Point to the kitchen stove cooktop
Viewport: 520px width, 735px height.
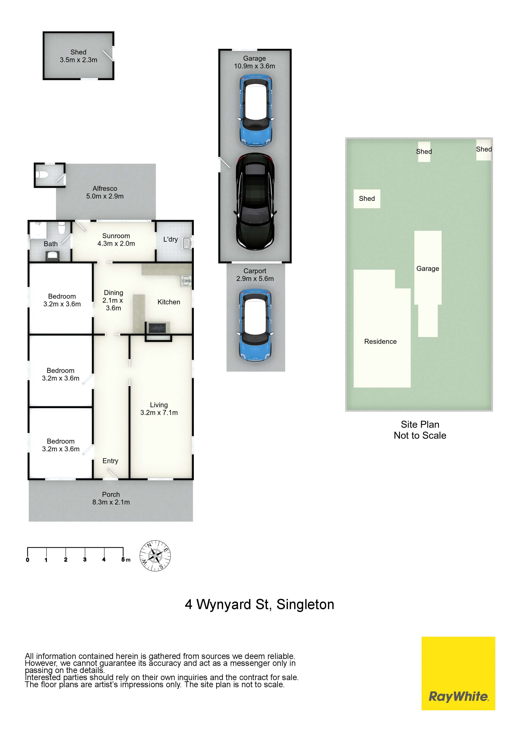pos(157,328)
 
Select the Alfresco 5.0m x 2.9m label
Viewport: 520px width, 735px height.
pos(105,192)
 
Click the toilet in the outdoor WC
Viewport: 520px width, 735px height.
pos(42,175)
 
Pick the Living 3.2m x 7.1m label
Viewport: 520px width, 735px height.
pos(159,409)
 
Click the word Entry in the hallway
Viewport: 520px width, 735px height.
pos(110,461)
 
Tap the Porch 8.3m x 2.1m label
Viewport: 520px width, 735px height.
pos(111,498)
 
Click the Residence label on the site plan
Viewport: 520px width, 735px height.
pos(380,342)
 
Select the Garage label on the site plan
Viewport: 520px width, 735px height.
pos(428,269)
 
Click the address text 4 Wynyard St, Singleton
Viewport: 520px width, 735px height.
pos(260,604)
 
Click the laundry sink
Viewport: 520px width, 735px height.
pos(187,243)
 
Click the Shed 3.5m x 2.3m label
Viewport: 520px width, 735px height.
pos(78,56)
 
